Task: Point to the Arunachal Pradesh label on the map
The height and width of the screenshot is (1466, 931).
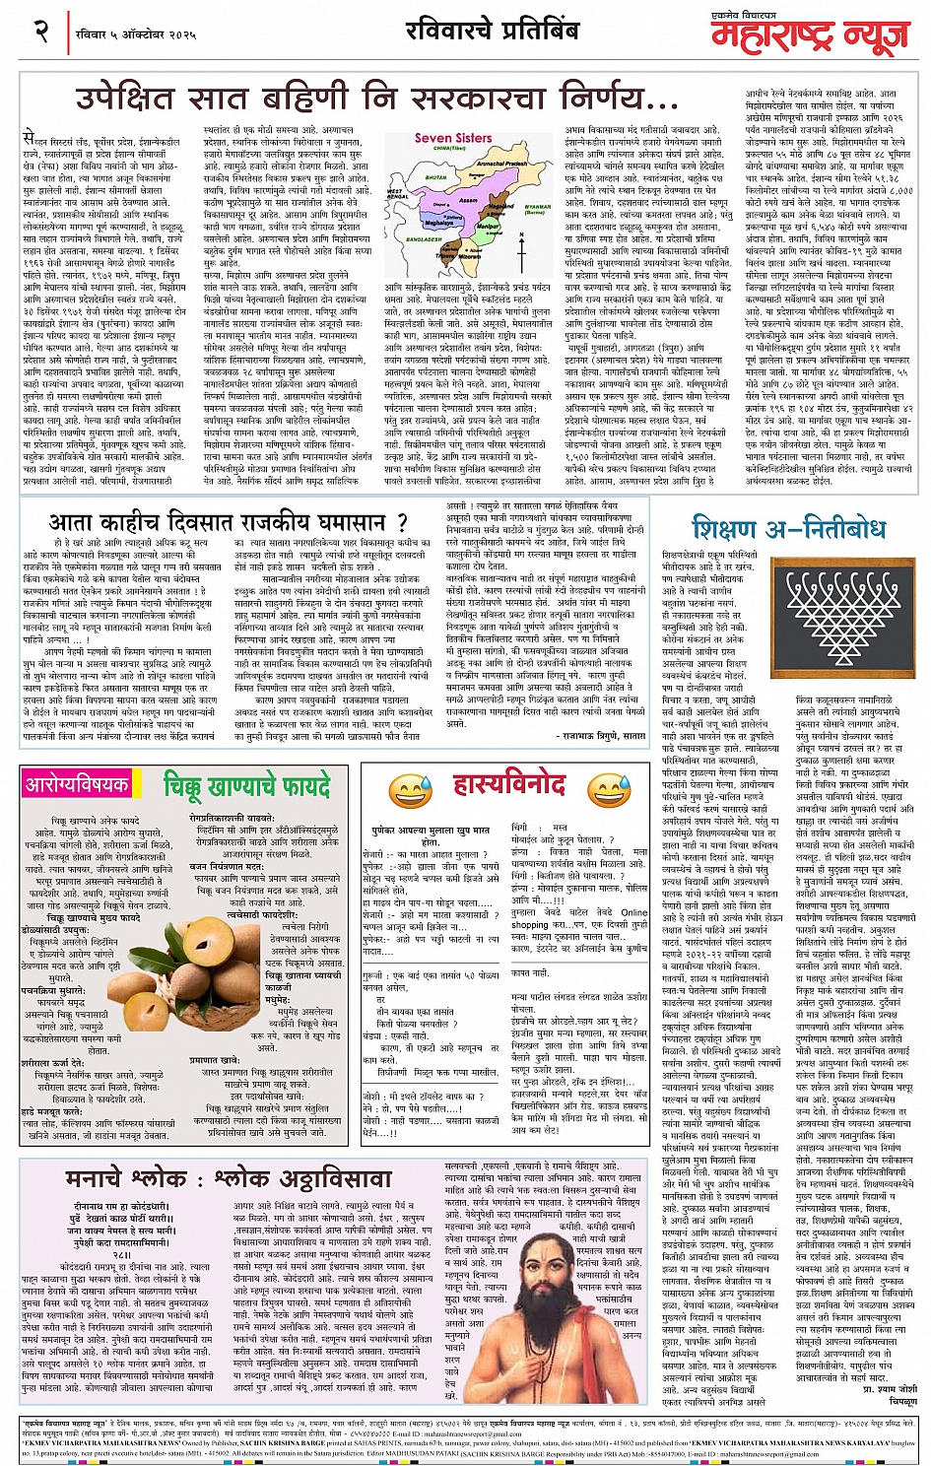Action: tap(501, 165)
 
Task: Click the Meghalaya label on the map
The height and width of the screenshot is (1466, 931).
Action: tap(441, 223)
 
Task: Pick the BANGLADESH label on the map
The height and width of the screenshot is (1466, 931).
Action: tap(424, 267)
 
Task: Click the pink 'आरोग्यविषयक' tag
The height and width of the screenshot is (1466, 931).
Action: tap(78, 784)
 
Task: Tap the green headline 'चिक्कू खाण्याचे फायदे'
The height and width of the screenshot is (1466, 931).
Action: tap(247, 785)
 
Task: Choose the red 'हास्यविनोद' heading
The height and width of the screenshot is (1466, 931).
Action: tap(508, 784)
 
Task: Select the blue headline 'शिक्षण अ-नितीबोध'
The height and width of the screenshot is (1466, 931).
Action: tap(787, 528)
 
